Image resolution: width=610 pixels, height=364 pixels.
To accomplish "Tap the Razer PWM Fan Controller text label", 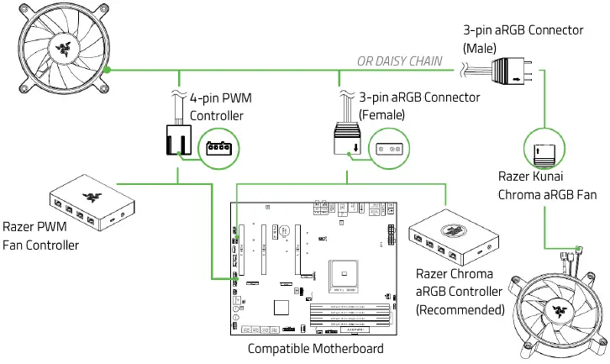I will [x=41, y=235].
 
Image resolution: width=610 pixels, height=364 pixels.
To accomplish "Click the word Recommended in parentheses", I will [x=460, y=309].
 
